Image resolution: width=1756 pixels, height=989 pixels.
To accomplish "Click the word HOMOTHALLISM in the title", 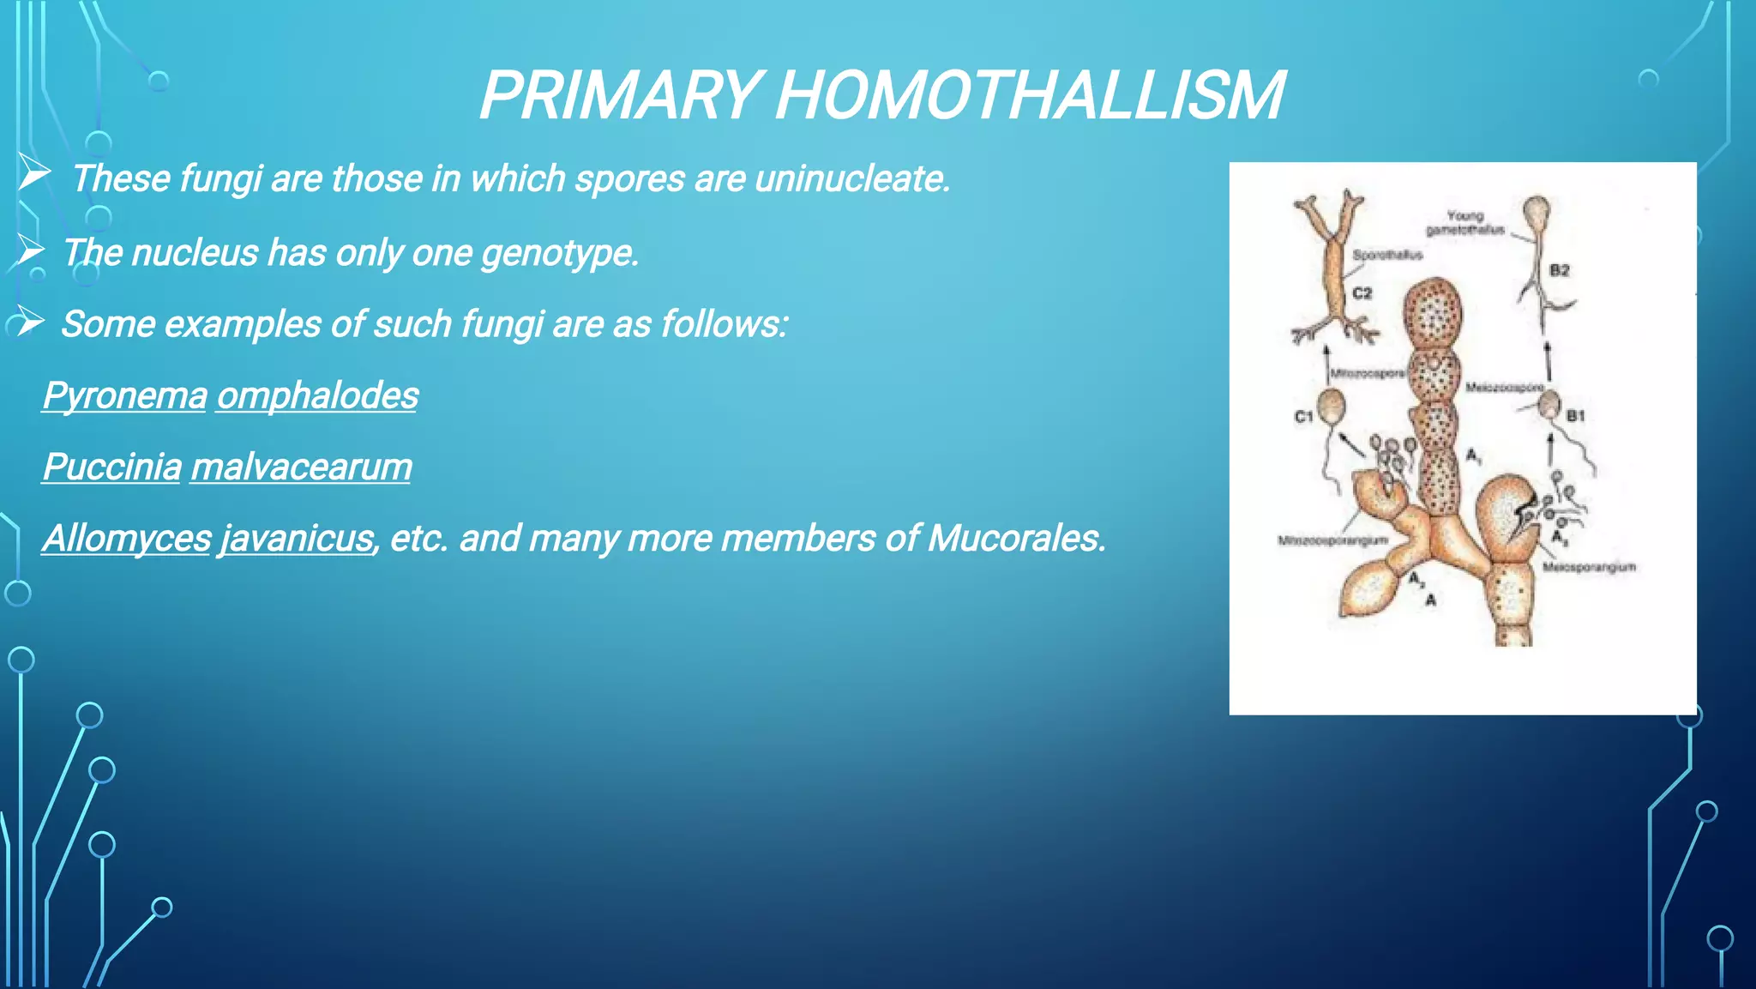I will coord(1029,95).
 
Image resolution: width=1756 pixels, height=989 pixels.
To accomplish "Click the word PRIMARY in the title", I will coord(619,95).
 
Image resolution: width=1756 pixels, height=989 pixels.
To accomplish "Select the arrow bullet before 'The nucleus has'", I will coord(30,251).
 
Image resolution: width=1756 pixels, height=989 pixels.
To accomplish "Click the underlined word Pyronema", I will coord(125,395).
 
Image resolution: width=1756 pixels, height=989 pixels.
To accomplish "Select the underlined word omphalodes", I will coord(317,395).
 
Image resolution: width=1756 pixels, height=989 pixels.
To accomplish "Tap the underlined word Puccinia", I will coord(111,467).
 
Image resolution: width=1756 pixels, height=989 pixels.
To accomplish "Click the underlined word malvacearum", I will coord(301,467).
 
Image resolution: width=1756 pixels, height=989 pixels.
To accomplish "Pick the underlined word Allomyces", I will coord(127,539).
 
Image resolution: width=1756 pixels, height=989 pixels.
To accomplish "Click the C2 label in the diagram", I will coord(1362,293).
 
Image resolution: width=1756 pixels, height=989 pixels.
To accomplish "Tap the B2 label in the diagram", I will coord(1560,270).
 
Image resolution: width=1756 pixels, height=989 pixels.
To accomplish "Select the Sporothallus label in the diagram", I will coord(1387,255).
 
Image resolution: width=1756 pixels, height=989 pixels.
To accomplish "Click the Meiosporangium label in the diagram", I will coord(1589,567).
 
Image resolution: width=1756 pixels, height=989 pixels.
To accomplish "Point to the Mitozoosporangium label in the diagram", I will coord(1332,540).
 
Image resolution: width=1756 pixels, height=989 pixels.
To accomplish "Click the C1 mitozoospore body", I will coord(1332,406).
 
